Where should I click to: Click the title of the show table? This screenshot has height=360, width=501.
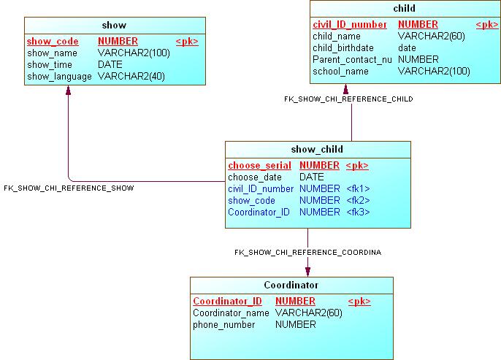(x=114, y=26)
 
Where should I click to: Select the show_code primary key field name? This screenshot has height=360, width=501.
(x=53, y=42)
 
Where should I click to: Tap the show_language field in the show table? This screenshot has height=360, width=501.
(x=60, y=76)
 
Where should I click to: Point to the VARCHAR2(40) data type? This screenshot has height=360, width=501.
(x=131, y=76)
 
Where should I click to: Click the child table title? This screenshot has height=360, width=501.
(x=404, y=9)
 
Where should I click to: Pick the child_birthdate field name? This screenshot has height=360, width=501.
(x=343, y=47)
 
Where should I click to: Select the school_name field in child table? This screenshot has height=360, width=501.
(x=340, y=71)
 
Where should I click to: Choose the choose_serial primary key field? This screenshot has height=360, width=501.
(x=259, y=166)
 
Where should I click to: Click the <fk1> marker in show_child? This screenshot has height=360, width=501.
(x=358, y=189)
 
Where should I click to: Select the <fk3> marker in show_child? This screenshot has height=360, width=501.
(x=358, y=212)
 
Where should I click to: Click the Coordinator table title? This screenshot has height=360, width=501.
(x=291, y=285)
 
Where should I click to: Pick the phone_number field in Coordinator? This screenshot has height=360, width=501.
(x=224, y=325)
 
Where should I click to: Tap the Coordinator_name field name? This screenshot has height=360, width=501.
(x=232, y=313)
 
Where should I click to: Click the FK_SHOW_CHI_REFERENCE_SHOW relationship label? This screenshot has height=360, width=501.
(x=69, y=188)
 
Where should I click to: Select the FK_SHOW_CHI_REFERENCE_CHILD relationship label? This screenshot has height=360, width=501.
(x=348, y=99)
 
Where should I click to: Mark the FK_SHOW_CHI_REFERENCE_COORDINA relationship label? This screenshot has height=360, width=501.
(x=307, y=252)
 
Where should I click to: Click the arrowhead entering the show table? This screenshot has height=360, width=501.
(x=68, y=90)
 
